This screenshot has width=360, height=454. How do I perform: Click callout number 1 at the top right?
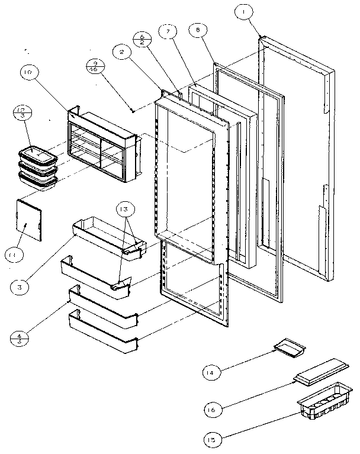[242, 11]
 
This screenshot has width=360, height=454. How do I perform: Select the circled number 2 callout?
[121, 53]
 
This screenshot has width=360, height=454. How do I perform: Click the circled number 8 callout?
[198, 28]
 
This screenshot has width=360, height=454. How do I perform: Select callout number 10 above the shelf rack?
[28, 73]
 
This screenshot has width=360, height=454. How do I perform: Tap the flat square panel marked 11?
[28, 219]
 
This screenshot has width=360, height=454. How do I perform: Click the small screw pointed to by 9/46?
[133, 110]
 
